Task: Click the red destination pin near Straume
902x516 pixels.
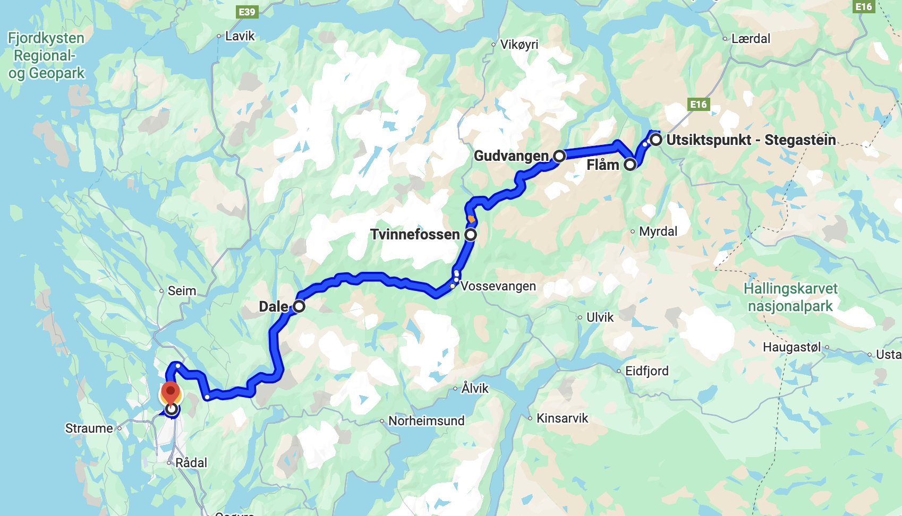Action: click(x=171, y=393)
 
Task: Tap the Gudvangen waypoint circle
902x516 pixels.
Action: click(x=559, y=156)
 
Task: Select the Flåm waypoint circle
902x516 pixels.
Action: click(x=630, y=165)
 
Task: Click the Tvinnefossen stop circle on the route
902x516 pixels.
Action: click(x=471, y=234)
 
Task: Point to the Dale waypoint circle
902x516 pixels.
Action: click(x=299, y=306)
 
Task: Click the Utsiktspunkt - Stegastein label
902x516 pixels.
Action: click(x=751, y=140)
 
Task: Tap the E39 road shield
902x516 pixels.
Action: click(x=247, y=12)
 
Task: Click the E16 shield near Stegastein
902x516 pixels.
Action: click(x=699, y=104)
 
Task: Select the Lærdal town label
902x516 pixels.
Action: click(x=751, y=39)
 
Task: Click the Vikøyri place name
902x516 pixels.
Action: click(x=519, y=45)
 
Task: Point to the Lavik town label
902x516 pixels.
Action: click(x=240, y=36)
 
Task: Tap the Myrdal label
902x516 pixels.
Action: click(x=658, y=231)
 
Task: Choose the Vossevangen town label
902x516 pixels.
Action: click(x=498, y=286)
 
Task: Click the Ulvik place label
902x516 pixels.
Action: click(x=600, y=317)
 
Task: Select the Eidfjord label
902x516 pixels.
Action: click(x=646, y=371)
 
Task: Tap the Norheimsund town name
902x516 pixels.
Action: click(x=426, y=421)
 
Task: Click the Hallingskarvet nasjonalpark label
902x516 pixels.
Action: click(x=790, y=297)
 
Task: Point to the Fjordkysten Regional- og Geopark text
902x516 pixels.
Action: click(x=46, y=55)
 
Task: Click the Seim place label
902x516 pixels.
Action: click(x=182, y=291)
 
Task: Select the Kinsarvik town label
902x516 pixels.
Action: click(x=562, y=418)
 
